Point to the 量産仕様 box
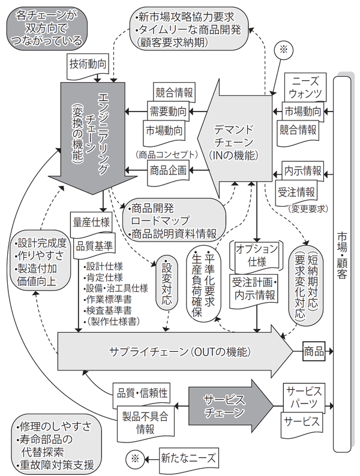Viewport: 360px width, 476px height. pyautogui.click(x=89, y=221)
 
